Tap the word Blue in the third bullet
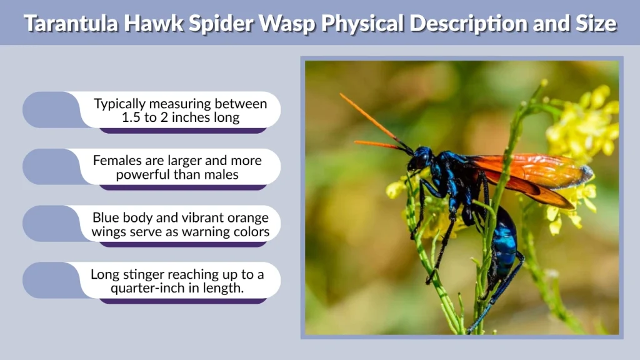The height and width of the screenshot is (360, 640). click(x=106, y=217)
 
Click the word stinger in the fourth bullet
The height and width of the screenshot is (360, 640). click(x=147, y=274)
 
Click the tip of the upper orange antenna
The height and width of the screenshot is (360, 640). click(x=341, y=95)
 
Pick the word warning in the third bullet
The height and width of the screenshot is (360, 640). click(x=200, y=232)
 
